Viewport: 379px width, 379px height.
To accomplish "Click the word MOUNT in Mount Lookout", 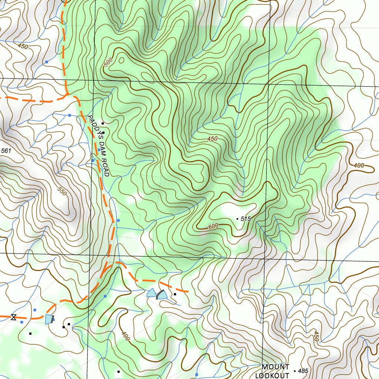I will coord(275,367).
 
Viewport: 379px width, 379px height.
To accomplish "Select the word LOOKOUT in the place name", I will coord(272,375).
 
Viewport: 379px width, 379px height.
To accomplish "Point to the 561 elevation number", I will coord(6,151).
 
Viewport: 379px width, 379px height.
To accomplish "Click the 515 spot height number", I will coord(246,219).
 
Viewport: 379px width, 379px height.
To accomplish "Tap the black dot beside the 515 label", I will coord(237,219).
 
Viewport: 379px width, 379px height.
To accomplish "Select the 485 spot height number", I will coord(302,371).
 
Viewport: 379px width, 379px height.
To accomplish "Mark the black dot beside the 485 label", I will coord(294,371).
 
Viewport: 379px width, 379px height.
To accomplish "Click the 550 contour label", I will coord(63,191).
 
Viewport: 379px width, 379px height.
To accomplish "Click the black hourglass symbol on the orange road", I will coord(14,317).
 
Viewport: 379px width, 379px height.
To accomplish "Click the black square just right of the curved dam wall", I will coord(175,294).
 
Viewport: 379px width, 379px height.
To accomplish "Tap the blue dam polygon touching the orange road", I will coord(48,319).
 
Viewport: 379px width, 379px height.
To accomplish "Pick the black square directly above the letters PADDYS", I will coord(103,123).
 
